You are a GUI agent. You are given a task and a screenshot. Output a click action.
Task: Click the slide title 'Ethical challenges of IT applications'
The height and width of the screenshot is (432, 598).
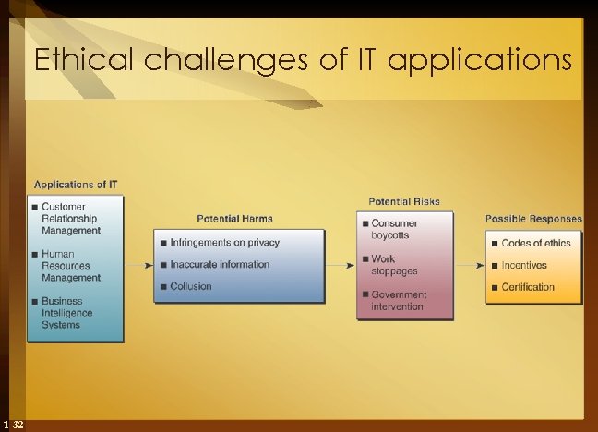302,61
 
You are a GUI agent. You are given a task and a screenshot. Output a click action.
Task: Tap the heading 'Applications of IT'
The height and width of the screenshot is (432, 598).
76,185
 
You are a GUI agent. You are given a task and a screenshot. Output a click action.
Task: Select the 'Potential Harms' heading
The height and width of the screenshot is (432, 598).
234,219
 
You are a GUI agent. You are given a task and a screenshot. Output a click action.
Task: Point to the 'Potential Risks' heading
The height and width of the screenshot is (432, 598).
404,201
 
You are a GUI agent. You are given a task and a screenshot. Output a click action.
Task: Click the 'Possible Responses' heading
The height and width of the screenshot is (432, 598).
534,219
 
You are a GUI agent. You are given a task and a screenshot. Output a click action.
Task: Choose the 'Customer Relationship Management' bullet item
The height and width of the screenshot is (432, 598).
71,218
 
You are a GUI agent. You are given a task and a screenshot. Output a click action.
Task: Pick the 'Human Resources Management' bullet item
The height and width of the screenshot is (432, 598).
71,266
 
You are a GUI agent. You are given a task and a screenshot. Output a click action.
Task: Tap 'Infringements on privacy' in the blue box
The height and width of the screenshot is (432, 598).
224,243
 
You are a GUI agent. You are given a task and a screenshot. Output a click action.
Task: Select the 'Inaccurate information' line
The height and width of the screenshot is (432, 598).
220,265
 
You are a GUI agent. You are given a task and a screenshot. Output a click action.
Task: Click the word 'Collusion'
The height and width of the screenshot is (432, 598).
191,287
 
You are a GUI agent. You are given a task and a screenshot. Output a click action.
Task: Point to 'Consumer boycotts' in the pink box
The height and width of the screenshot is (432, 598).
394,229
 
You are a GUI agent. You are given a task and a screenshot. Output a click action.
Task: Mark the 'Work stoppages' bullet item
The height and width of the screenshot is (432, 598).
394,265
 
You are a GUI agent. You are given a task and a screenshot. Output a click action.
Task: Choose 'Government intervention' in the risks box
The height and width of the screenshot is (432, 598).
397,300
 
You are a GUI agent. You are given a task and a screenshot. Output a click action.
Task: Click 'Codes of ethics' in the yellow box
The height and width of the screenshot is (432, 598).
536,243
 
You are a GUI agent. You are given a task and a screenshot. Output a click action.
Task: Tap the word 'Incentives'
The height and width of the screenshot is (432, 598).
524,265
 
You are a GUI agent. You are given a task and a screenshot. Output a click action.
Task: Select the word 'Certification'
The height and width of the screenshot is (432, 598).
528,287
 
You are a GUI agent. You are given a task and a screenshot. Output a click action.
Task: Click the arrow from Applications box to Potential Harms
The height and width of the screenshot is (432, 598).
138,265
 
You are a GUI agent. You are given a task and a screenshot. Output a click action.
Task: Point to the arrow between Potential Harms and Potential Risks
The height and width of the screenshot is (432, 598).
341,265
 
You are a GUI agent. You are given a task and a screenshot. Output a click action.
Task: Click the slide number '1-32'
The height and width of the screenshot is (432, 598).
13,424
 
